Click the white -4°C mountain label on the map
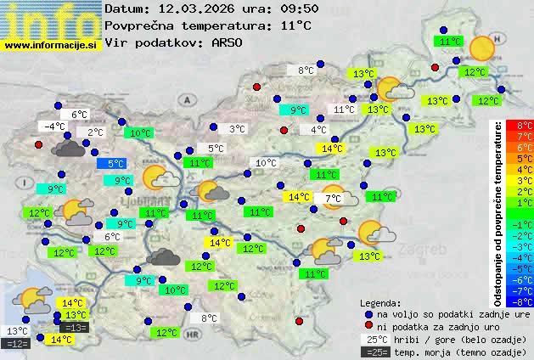coord(54,127)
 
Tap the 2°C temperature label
coord(94,132)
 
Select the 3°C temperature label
coord(238,129)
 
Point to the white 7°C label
coord(333,199)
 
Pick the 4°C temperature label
coord(318,130)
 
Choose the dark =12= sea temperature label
coord(16,343)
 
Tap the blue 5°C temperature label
coord(115,164)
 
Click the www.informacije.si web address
coord(52,45)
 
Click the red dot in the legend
coord(368,326)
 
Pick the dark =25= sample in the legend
coord(379,352)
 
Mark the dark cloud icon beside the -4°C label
coord(68,149)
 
